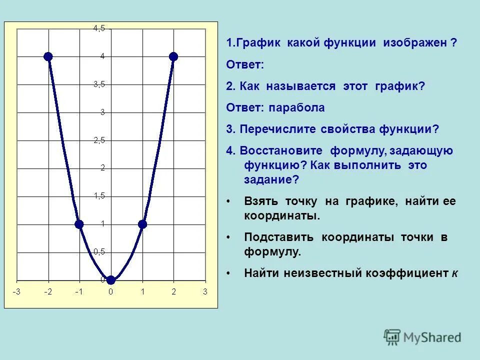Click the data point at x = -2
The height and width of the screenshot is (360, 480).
click(48, 56)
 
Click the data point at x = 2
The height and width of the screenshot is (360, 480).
click(173, 56)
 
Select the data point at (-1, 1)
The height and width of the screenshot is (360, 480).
click(79, 224)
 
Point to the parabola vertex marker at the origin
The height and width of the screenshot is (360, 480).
click(111, 280)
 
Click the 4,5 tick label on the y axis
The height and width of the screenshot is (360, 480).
click(99, 28)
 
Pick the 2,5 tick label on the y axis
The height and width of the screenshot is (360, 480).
click(99, 140)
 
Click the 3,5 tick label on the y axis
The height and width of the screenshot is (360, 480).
click(99, 84)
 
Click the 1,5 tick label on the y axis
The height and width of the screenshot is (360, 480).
click(99, 196)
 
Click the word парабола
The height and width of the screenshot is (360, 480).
click(296, 107)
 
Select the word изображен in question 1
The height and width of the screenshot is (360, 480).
click(415, 43)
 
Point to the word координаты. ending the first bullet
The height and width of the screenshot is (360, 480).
click(281, 216)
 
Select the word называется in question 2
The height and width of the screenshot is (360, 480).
click(301, 86)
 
